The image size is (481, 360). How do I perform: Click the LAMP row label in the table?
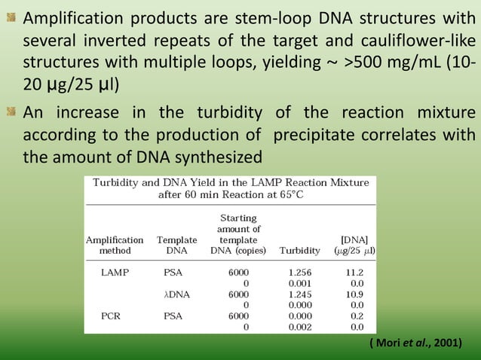(x=115, y=272)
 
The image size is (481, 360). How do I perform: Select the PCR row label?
(x=112, y=316)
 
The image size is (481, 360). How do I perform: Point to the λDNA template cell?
(x=176, y=294)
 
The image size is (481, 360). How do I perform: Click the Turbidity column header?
(x=299, y=249)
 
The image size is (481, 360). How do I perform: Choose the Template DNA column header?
(x=176, y=244)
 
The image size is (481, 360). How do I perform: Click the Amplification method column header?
(x=115, y=244)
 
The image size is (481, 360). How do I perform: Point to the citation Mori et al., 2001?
(x=415, y=343)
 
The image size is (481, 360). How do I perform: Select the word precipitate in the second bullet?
(x=308, y=136)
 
